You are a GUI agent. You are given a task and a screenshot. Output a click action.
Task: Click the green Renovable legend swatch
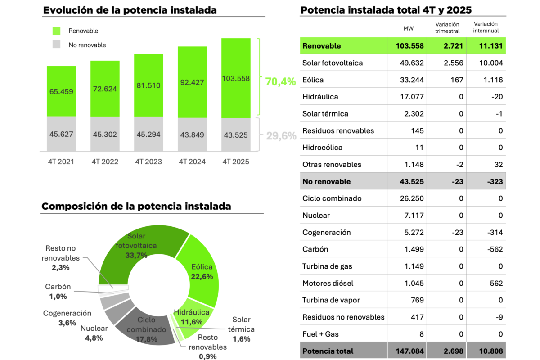57,31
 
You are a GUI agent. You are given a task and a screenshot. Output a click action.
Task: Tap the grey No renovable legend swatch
57,45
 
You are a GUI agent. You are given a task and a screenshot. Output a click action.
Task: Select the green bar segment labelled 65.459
61,91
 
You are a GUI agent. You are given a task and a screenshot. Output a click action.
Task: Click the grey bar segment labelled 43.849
192,134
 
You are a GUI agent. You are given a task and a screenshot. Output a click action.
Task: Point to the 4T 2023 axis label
148,162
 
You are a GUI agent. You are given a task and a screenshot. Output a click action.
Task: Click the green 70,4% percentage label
280,82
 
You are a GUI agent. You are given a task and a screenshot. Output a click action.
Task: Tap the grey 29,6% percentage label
280,135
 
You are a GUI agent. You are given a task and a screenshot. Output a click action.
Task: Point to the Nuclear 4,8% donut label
94,333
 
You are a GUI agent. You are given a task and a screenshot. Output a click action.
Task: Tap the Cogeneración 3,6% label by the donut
67,318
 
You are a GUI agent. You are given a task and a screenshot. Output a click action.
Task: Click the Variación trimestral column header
447,28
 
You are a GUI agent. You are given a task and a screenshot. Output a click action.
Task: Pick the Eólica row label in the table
313,80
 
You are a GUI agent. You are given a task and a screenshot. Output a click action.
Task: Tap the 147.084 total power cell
407,351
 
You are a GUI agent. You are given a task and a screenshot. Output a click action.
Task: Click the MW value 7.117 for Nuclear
414,216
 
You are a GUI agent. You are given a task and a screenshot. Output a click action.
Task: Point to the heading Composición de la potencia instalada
136,207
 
